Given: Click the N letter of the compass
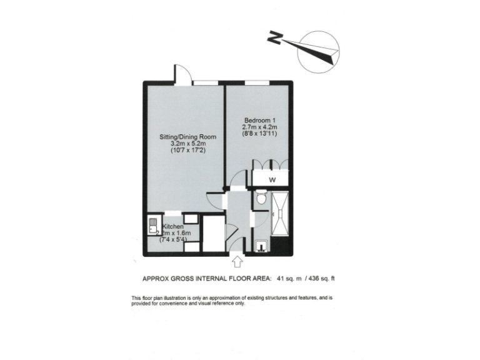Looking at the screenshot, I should [272, 38].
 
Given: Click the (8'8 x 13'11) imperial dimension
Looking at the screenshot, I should [259, 133].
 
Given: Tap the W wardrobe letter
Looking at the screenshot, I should [272, 180].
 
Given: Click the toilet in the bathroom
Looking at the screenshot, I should [261, 200].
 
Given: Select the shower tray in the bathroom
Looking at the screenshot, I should [280, 212].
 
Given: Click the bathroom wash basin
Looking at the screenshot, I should [261, 247].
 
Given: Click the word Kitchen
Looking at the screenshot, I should [173, 226].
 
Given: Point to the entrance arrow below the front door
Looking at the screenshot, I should [238, 260].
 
